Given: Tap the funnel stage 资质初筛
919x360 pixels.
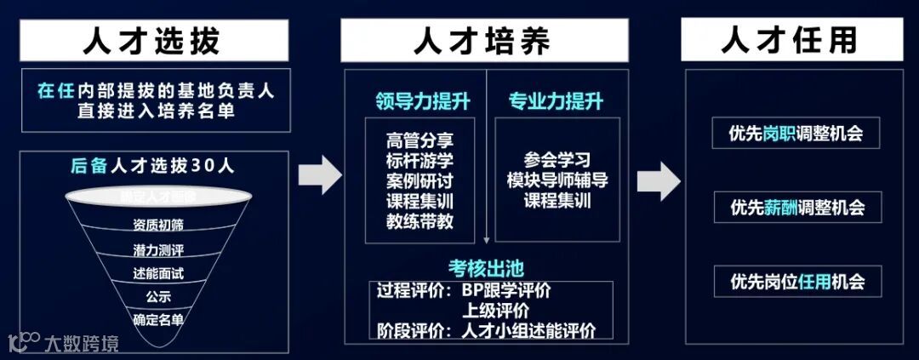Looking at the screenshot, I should (x=158, y=226).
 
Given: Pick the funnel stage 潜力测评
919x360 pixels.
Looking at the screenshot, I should (x=158, y=251).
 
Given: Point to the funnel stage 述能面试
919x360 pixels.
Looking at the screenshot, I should (x=158, y=274).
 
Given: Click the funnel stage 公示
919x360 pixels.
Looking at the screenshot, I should (x=158, y=297).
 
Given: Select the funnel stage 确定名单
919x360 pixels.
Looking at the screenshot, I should (x=158, y=320).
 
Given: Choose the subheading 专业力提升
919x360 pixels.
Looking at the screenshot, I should (x=556, y=102).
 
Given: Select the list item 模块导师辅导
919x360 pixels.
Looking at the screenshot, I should (x=557, y=180).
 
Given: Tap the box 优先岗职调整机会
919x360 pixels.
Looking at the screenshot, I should (x=792, y=134).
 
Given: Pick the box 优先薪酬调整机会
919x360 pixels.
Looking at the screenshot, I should (x=792, y=207).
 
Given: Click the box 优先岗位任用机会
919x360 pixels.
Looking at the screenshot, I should (x=792, y=280).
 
